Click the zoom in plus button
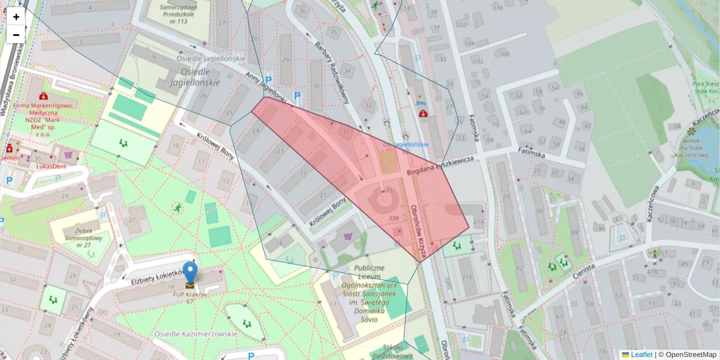click(16, 17)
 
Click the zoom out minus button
click(16, 35)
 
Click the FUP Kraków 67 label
click(190, 298)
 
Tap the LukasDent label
click(51, 166)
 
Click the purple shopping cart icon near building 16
click(347, 236)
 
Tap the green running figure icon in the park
click(177, 208)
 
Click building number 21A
click(478, 221)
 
